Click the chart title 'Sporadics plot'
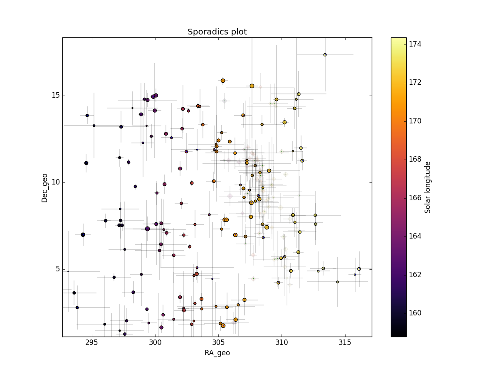[x=217, y=32]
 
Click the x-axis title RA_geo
[x=217, y=353]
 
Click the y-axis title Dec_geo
[x=44, y=188]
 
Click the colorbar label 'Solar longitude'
[x=427, y=187]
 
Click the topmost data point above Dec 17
[x=325, y=55]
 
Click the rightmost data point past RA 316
[x=359, y=269]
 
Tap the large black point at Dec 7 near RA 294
[x=83, y=235]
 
